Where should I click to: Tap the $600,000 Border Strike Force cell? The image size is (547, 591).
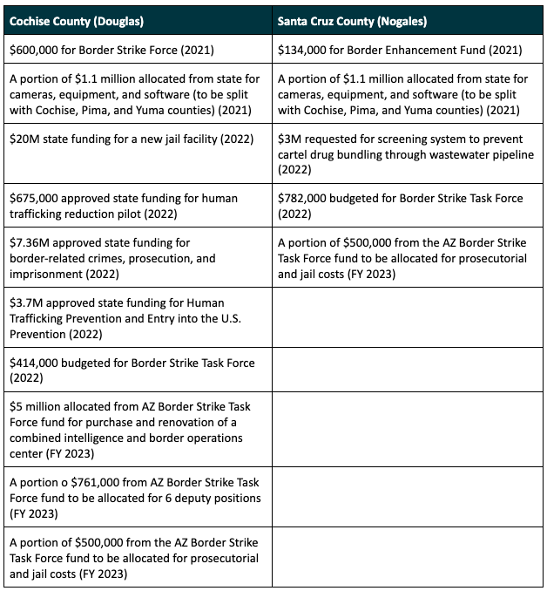[x=135, y=50]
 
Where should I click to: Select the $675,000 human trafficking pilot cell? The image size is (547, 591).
[x=135, y=206]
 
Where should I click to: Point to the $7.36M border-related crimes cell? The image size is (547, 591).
[x=135, y=258]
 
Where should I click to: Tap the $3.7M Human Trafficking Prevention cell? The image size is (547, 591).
[x=135, y=318]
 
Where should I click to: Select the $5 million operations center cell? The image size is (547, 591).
[x=135, y=430]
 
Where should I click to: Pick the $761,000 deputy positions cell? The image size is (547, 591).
[x=135, y=498]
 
